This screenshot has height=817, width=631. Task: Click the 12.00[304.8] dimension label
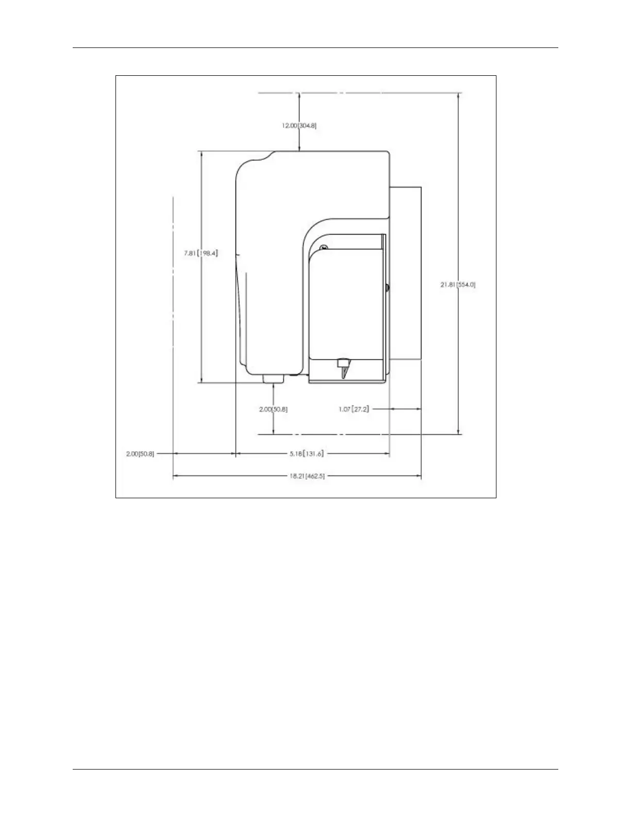(299, 125)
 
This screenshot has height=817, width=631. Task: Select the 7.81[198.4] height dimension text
(201, 253)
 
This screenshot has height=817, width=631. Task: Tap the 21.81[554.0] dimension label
(458, 284)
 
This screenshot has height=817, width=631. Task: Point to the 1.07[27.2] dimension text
(354, 409)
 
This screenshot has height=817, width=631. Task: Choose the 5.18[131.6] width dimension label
(307, 454)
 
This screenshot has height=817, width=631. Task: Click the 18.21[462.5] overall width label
(307, 476)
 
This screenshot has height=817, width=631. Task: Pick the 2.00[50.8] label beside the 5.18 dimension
(140, 454)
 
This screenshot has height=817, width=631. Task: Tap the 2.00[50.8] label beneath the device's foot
(273, 409)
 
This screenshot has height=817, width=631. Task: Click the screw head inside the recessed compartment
(323, 249)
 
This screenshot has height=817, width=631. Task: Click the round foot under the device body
(273, 379)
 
